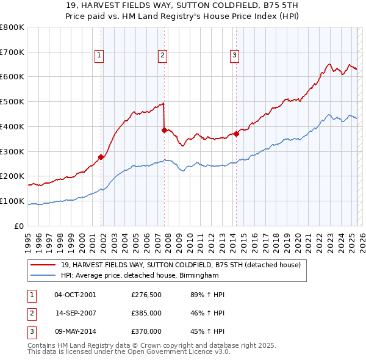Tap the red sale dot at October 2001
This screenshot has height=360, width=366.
pyautogui.click(x=101, y=157)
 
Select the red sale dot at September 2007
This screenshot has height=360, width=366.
pyautogui.click(x=164, y=130)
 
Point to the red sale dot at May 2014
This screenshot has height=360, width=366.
pyautogui.click(x=236, y=134)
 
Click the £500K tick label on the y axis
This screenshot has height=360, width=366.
pyautogui.click(x=12, y=101)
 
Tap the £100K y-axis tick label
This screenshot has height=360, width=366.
pyautogui.click(x=12, y=201)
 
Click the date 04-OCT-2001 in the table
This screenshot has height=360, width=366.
pyautogui.click(x=75, y=295)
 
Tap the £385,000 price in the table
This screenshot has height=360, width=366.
pyautogui.click(x=146, y=313)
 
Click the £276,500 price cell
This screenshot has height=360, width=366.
pyautogui.click(x=146, y=295)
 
